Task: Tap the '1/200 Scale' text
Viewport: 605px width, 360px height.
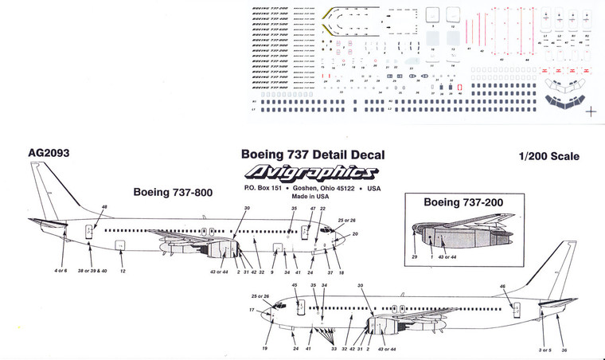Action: tap(547, 157)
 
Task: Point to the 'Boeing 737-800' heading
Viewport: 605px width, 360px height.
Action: tap(172, 192)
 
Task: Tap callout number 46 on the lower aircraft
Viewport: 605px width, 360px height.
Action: tap(502, 286)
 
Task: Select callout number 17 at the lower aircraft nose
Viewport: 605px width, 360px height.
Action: tap(252, 310)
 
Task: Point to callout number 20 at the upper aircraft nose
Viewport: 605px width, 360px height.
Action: tap(354, 234)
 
